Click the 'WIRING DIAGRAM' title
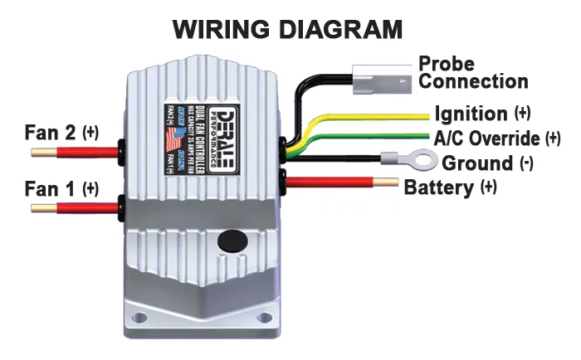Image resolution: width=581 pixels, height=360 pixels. pos(287,30)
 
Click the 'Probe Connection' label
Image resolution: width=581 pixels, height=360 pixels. pos(472,73)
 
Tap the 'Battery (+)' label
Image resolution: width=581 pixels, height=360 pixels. pos(450,187)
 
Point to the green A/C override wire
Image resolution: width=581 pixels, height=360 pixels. pos(373,137)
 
